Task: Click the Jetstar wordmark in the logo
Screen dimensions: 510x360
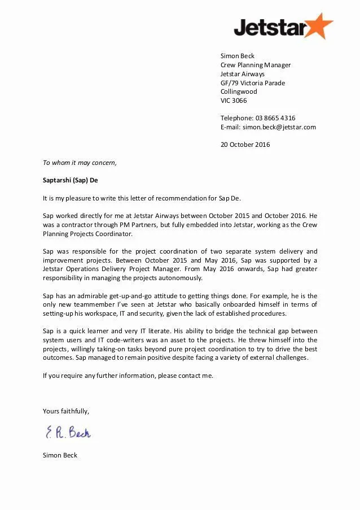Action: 270,27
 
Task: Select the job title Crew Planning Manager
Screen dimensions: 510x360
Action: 255,65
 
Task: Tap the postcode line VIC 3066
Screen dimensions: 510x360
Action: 233,101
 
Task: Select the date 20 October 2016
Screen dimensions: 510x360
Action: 245,145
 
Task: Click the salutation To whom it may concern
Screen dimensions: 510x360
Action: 80,163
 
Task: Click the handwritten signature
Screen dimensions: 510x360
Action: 68,433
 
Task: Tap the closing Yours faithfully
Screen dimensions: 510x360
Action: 65,411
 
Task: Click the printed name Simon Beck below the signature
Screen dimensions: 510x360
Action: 60,455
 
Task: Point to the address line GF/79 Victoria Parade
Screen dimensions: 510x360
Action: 252,83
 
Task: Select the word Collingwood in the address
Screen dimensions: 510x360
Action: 238,91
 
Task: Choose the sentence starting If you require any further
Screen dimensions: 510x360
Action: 128,376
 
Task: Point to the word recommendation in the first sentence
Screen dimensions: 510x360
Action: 187,198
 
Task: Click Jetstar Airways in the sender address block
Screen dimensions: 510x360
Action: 242,74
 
